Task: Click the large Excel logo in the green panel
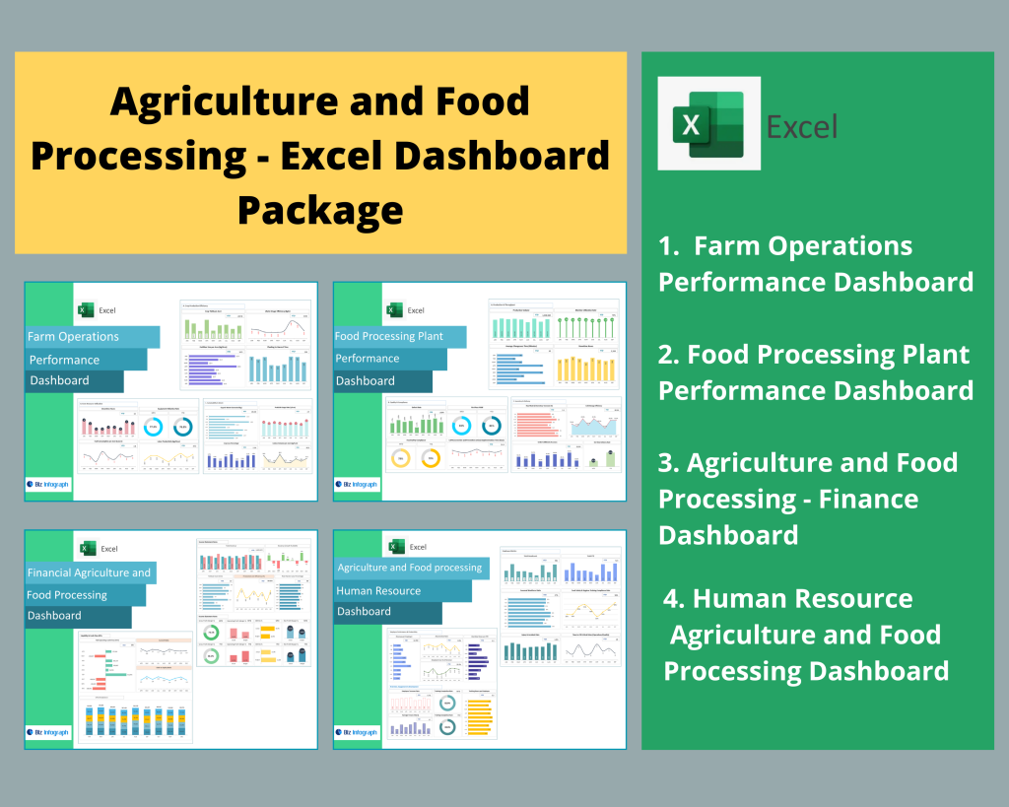(x=708, y=123)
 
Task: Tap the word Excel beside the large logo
(x=802, y=126)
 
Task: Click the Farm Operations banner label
(x=73, y=336)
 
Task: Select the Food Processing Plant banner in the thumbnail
(x=388, y=336)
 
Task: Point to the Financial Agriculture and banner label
(x=89, y=572)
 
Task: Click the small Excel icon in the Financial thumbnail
(x=88, y=548)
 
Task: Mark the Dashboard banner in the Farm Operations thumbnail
(x=59, y=380)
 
